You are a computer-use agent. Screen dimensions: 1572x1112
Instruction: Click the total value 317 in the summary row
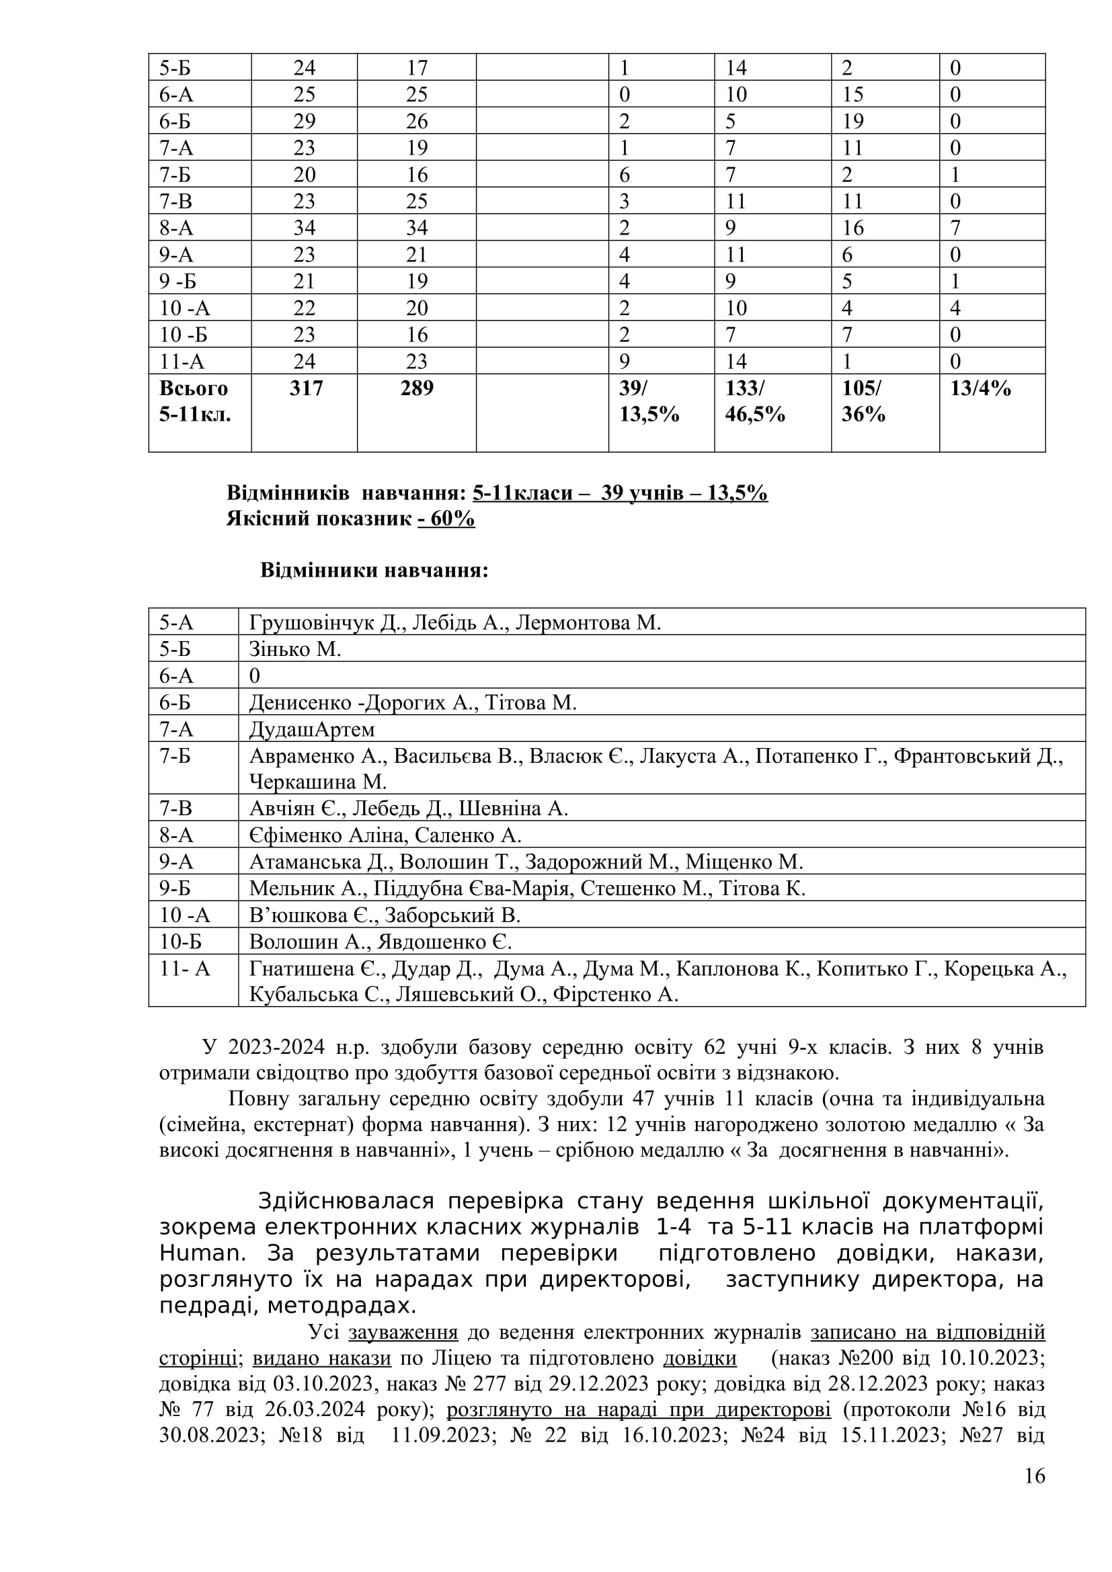coord(305,388)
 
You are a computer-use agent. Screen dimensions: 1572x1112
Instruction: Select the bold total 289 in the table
coord(417,388)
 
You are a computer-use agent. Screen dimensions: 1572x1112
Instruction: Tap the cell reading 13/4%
coord(980,388)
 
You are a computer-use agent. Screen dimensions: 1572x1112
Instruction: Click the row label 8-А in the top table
coord(177,227)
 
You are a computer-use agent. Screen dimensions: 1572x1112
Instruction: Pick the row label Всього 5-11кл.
coord(194,401)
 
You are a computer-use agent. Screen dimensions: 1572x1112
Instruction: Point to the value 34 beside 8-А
coord(304,227)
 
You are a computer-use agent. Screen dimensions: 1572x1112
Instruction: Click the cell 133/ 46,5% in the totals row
coord(754,401)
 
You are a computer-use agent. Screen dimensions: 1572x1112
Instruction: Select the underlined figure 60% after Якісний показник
coord(446,519)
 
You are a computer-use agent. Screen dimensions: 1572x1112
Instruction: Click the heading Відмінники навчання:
coord(374,571)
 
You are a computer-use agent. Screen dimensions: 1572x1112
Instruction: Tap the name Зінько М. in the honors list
coord(295,649)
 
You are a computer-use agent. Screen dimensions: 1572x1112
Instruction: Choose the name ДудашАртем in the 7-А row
coord(311,729)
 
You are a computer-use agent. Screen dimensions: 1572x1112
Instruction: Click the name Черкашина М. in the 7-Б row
coord(318,781)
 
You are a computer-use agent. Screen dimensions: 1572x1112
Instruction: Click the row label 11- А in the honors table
coord(185,969)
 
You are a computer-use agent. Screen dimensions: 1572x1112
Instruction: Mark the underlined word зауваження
coord(403,1332)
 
